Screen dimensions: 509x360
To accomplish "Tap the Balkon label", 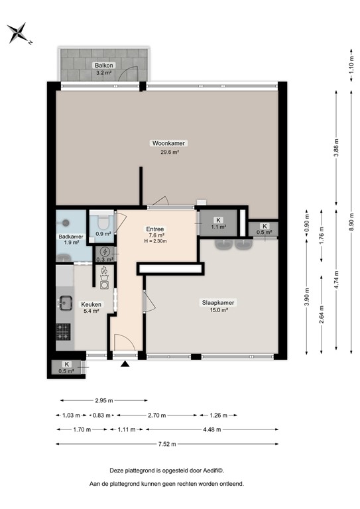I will (103, 65).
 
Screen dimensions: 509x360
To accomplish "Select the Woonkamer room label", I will (168, 143).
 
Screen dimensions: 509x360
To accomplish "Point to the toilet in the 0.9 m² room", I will (103, 221).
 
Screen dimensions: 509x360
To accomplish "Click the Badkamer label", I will (70, 237).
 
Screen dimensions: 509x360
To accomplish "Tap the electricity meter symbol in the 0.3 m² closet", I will (103, 252).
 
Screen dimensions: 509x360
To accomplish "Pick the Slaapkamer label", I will (218, 302).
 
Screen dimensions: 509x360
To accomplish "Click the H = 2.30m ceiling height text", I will (155, 241).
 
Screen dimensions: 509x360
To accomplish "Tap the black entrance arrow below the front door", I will (125, 363).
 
